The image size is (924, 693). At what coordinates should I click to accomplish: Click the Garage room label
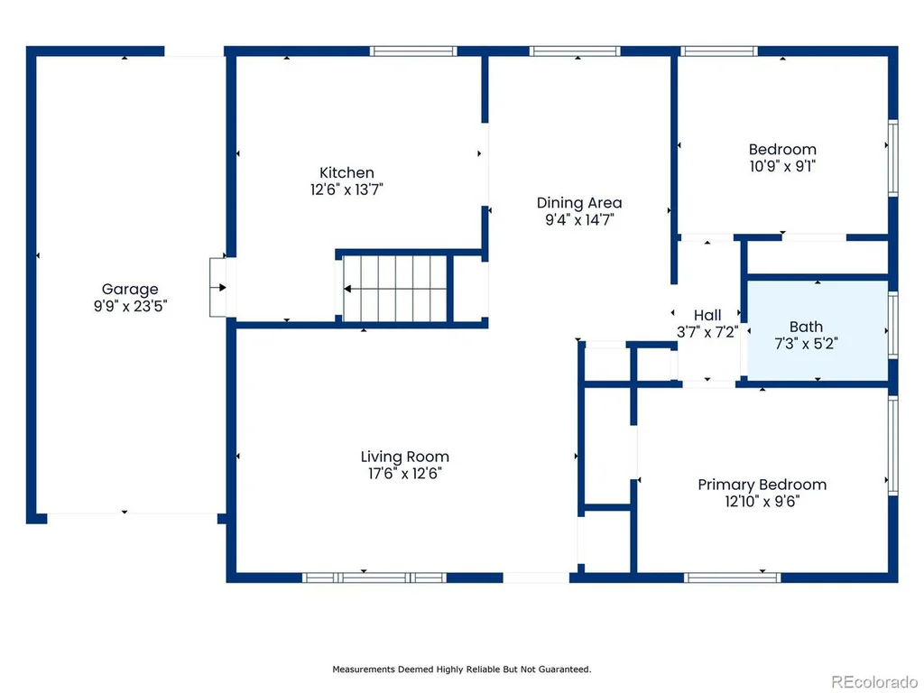[130, 289]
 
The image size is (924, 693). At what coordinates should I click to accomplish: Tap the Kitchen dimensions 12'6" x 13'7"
[346, 189]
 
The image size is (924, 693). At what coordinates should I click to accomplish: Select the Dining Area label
[579, 203]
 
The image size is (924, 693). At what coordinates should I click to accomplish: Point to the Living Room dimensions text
[405, 473]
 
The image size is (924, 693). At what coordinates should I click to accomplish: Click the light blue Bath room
[818, 330]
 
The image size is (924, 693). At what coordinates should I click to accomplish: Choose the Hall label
[707, 315]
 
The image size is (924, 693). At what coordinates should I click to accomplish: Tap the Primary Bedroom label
[762, 485]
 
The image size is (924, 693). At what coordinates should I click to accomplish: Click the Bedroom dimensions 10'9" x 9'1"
[782, 166]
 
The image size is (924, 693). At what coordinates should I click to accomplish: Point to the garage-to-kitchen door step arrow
[218, 288]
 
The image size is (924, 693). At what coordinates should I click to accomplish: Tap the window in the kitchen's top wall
[413, 51]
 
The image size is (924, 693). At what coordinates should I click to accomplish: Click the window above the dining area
[575, 51]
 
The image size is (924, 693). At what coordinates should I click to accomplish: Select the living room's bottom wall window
[374, 577]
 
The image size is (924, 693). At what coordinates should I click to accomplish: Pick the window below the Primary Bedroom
[733, 577]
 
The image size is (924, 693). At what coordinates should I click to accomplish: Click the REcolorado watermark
[874, 682]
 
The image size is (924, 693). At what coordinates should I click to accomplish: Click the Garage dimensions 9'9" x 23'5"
[130, 306]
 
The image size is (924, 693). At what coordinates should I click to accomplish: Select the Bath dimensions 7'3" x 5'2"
[806, 344]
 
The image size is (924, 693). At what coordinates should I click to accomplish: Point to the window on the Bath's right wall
[892, 325]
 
